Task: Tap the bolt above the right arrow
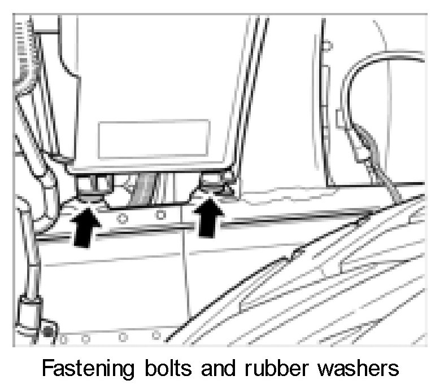tap(211, 183)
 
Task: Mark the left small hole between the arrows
tap(119, 215)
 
